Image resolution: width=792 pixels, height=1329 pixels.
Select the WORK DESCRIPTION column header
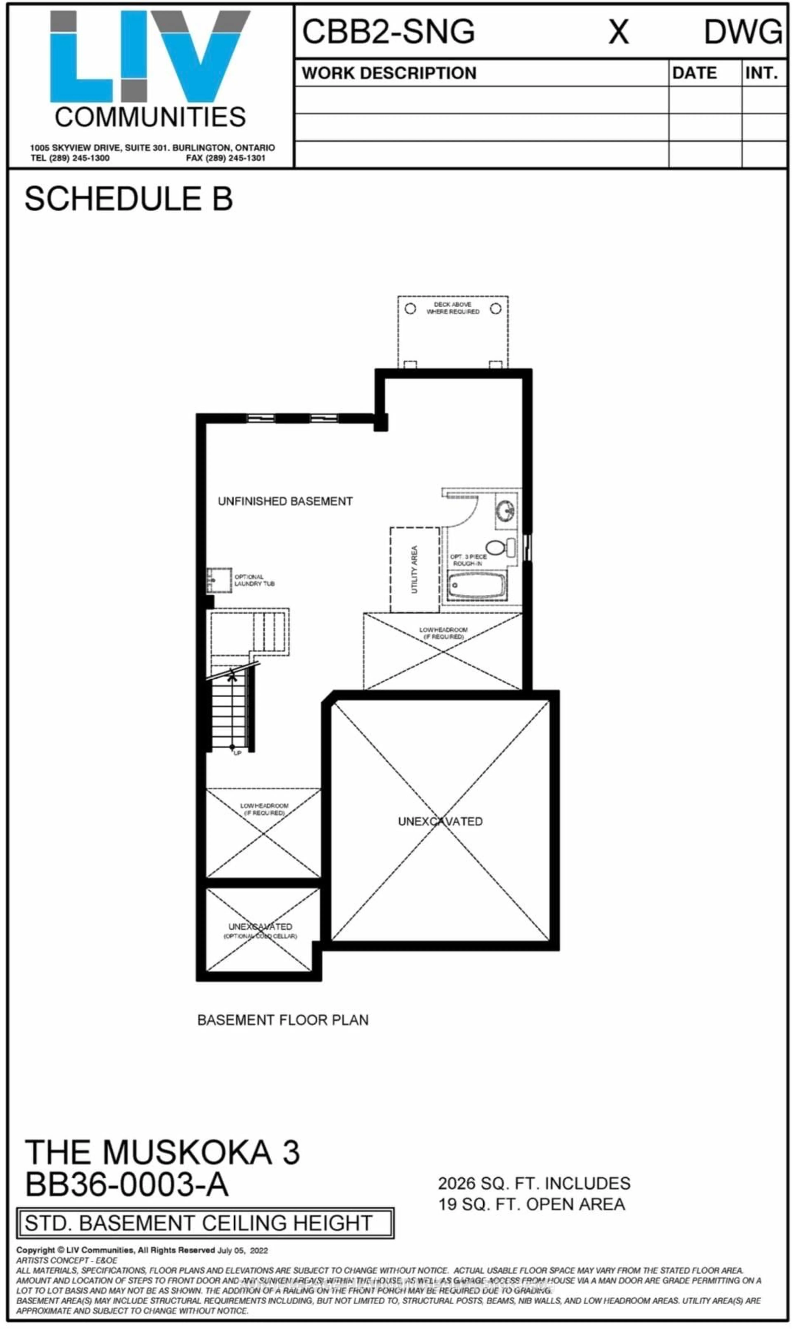(389, 73)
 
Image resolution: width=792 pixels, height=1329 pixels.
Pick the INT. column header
(762, 73)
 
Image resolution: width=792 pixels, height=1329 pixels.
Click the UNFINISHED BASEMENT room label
(285, 501)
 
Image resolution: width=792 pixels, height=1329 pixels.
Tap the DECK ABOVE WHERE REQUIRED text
(453, 308)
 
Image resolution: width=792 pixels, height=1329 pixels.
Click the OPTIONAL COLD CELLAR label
(260, 936)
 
